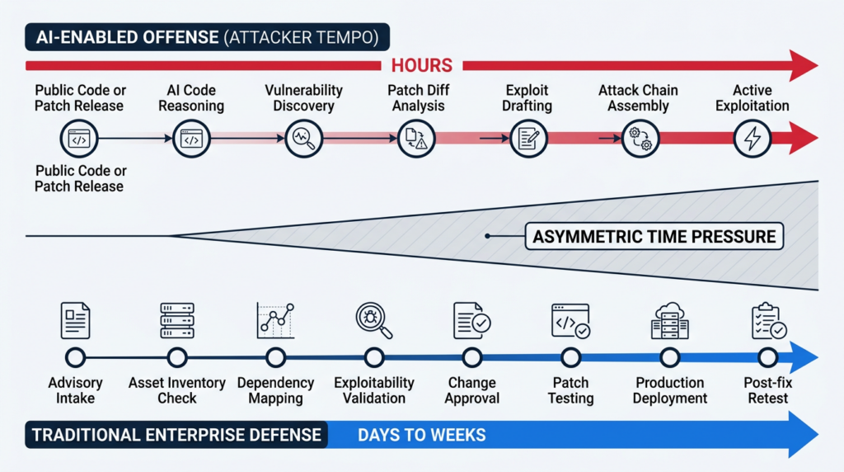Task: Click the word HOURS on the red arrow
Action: pos(421,65)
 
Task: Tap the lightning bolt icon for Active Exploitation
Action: pos(753,139)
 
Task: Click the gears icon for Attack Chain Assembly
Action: pos(639,139)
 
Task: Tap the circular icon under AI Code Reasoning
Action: pos(192,139)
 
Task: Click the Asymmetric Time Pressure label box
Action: pos(654,237)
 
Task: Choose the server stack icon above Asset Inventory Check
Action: pos(176,320)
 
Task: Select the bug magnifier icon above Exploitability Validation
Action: pos(373,320)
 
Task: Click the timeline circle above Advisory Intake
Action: pos(75,357)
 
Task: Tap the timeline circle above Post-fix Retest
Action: pos(767,357)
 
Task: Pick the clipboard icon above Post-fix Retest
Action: pos(767,321)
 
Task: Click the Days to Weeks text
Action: pos(421,434)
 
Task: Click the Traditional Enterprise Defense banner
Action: pos(176,434)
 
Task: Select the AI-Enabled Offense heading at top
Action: pos(207,37)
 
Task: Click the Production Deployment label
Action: pos(670,390)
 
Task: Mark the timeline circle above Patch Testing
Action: pos(570,357)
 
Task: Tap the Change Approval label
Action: pos(472,390)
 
